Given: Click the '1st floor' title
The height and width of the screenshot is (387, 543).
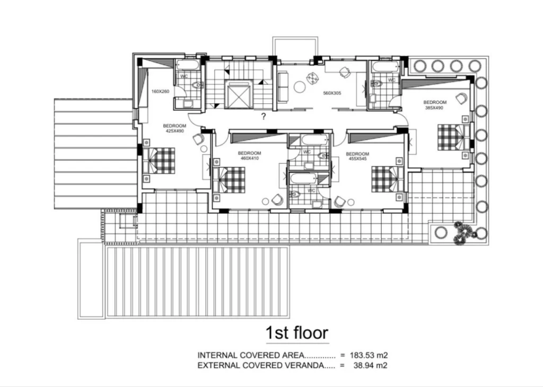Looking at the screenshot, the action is pyautogui.click(x=297, y=332).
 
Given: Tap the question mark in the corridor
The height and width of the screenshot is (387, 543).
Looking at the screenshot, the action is pyautogui.click(x=264, y=116).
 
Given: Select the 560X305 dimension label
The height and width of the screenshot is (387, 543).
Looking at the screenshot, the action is pyautogui.click(x=332, y=93).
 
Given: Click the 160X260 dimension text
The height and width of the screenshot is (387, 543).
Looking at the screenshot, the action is pyautogui.click(x=160, y=92).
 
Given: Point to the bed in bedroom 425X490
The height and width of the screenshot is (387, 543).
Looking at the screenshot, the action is pyautogui.click(x=159, y=160).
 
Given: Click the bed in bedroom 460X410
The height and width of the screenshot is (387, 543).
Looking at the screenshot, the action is pyautogui.click(x=229, y=180).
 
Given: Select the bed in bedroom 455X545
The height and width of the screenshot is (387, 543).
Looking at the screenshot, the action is pyautogui.click(x=388, y=179).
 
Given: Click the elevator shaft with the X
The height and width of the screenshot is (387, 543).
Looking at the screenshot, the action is pyautogui.click(x=238, y=94).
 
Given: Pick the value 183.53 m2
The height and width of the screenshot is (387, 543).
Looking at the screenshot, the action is pyautogui.click(x=369, y=355).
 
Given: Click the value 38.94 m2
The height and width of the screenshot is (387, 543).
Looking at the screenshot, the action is pyautogui.click(x=371, y=365).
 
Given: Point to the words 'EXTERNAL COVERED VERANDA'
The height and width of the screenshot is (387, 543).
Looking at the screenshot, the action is pyautogui.click(x=261, y=365).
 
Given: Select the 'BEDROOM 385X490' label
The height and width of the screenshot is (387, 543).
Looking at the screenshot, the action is pyautogui.click(x=435, y=105).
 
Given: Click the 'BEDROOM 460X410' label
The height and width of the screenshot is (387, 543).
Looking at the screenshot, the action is pyautogui.click(x=249, y=156).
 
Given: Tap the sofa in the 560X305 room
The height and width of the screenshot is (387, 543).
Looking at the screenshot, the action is pyautogui.click(x=283, y=87).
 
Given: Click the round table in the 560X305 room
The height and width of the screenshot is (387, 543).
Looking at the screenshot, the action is pyautogui.click(x=299, y=86).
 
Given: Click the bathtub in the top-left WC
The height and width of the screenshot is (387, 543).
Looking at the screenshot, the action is pyautogui.click(x=187, y=65).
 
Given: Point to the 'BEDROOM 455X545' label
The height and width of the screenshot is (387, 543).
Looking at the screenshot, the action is pyautogui.click(x=357, y=156).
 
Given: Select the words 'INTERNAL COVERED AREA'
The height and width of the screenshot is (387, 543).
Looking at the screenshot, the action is pyautogui.click(x=251, y=355).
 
